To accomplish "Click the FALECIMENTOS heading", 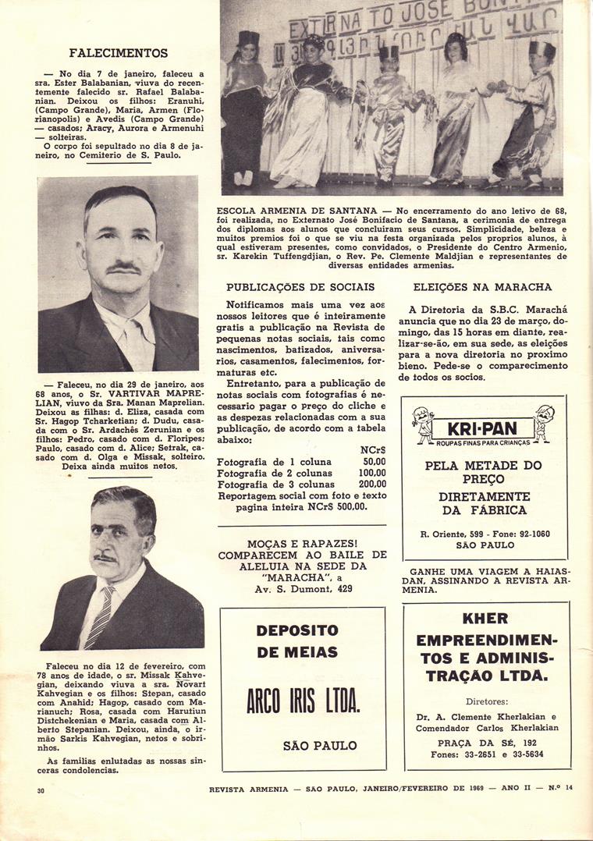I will click(x=119, y=53).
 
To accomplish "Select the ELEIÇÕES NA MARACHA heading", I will click(x=482, y=287).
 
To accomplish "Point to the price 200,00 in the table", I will click(x=371, y=484).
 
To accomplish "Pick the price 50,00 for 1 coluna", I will click(x=373, y=462).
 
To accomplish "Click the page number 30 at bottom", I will click(x=41, y=791).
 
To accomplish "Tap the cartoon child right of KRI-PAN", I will click(x=544, y=422).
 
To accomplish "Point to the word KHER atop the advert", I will click(x=485, y=619).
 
